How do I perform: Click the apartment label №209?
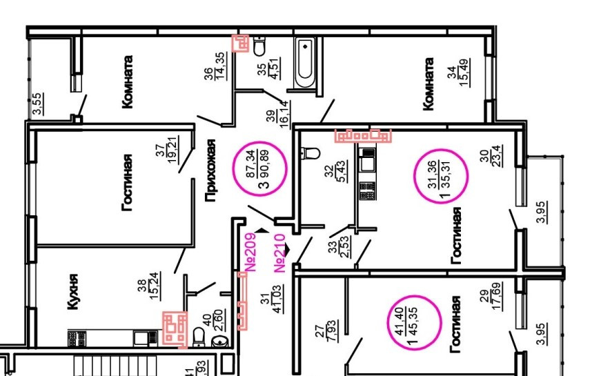click(250, 253)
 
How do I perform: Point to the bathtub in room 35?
click(304, 63)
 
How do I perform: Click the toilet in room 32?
click(310, 152)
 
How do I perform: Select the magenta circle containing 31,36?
click(441, 174)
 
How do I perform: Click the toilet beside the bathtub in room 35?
click(260, 47)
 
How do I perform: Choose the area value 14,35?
click(221, 77)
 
